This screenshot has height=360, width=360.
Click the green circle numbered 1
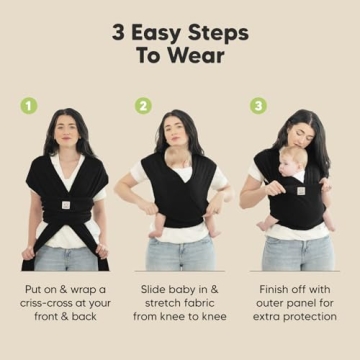tap(29, 104)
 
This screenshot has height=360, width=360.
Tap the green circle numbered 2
tap(143, 104)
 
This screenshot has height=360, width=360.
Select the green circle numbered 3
tap(258, 104)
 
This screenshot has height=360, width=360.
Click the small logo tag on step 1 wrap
tap(64, 206)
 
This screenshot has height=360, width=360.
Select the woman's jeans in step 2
tap(180, 252)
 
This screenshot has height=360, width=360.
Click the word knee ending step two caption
tap(212, 317)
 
